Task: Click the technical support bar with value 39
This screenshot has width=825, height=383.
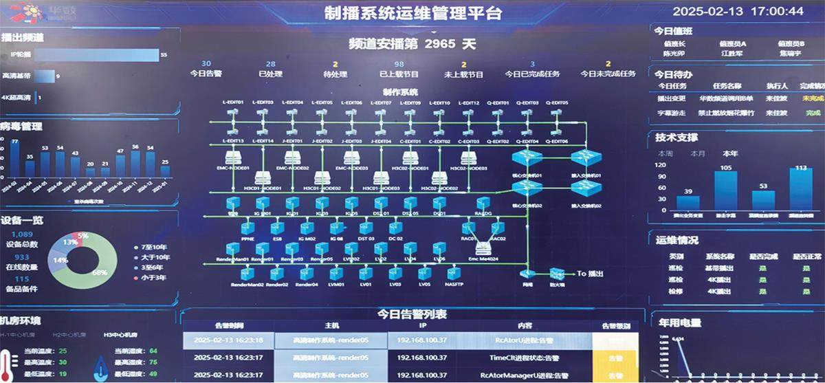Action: coord(688,203)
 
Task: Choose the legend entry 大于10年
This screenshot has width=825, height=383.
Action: coord(155,256)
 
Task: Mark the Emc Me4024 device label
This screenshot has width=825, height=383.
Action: coord(483,259)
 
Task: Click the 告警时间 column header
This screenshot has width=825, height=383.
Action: coord(229,325)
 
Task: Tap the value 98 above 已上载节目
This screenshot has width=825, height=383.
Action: coord(399,64)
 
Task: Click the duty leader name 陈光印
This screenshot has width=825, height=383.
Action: coord(673,53)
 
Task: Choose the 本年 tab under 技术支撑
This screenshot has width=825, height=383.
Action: coord(731,153)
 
